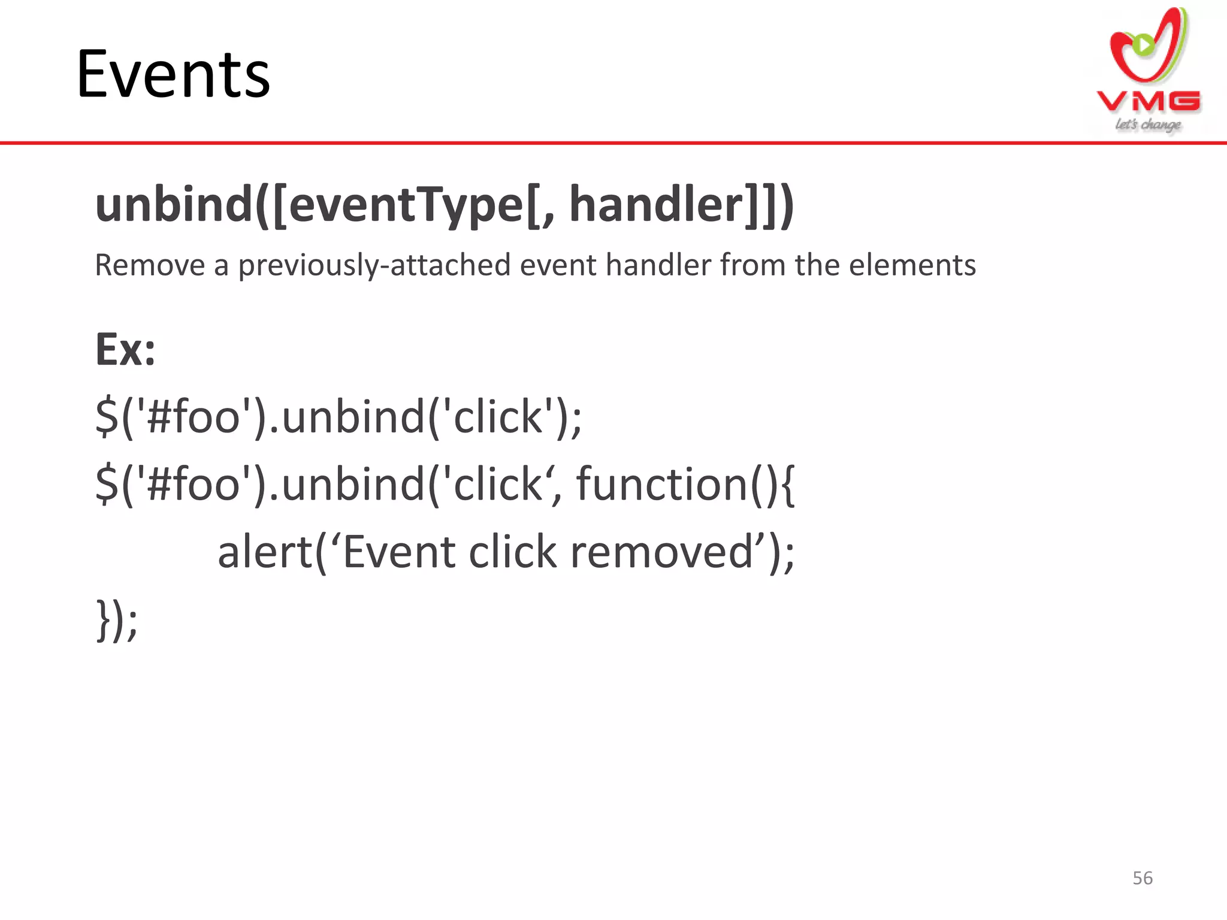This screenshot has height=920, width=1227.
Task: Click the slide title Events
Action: [173, 74]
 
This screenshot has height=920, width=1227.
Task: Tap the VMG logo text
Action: [1149, 101]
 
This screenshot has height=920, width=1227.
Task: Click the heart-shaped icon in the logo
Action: [1147, 48]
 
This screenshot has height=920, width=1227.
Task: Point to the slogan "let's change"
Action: [1148, 125]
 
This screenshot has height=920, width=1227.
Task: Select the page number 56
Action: [1143, 878]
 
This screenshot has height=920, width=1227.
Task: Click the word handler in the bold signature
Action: [656, 204]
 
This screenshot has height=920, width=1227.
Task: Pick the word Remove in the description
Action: [150, 265]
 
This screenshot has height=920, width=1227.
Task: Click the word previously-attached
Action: [374, 266]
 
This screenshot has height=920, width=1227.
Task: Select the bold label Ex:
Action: [125, 350]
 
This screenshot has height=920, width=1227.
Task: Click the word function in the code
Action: [661, 484]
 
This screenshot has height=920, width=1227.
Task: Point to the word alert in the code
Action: [265, 552]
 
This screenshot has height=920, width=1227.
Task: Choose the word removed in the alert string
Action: [661, 552]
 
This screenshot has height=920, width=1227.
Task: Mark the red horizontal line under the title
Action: [613, 143]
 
